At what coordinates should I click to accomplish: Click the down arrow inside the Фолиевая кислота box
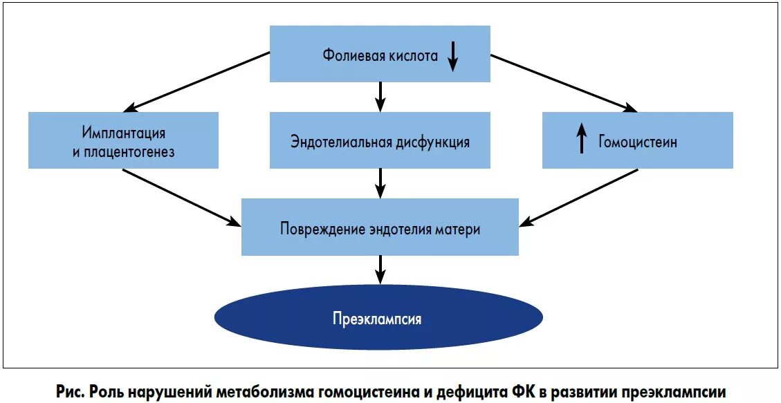452,57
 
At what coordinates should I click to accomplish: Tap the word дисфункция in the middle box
432,142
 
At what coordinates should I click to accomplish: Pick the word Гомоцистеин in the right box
638,142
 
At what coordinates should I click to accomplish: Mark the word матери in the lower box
459,229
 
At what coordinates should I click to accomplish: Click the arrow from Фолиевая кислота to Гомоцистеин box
564,82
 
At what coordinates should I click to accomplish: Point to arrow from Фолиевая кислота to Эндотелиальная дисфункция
380,96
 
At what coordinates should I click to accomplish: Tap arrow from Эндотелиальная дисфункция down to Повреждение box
380,183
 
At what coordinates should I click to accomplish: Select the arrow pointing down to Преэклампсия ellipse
380,269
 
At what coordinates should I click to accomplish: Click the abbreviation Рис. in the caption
70,391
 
